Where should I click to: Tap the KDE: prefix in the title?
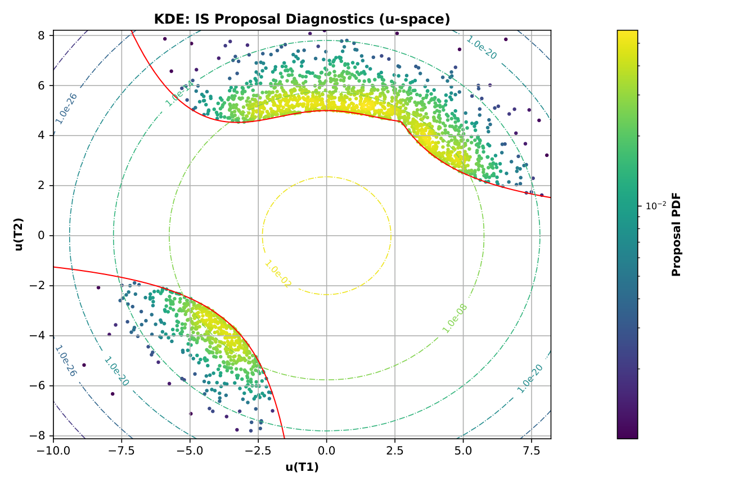(172, 19)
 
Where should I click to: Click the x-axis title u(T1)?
(302, 467)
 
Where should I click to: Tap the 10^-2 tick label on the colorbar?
(656, 206)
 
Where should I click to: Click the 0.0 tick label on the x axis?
(326, 451)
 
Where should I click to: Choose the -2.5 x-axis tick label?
(258, 451)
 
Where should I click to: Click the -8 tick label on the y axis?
(40, 436)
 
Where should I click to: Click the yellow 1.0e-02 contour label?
(278, 274)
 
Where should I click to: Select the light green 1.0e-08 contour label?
(454, 318)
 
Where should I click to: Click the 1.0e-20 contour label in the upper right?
(481, 48)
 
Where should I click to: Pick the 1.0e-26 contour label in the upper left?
(66, 108)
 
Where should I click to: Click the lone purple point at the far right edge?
(546, 155)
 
